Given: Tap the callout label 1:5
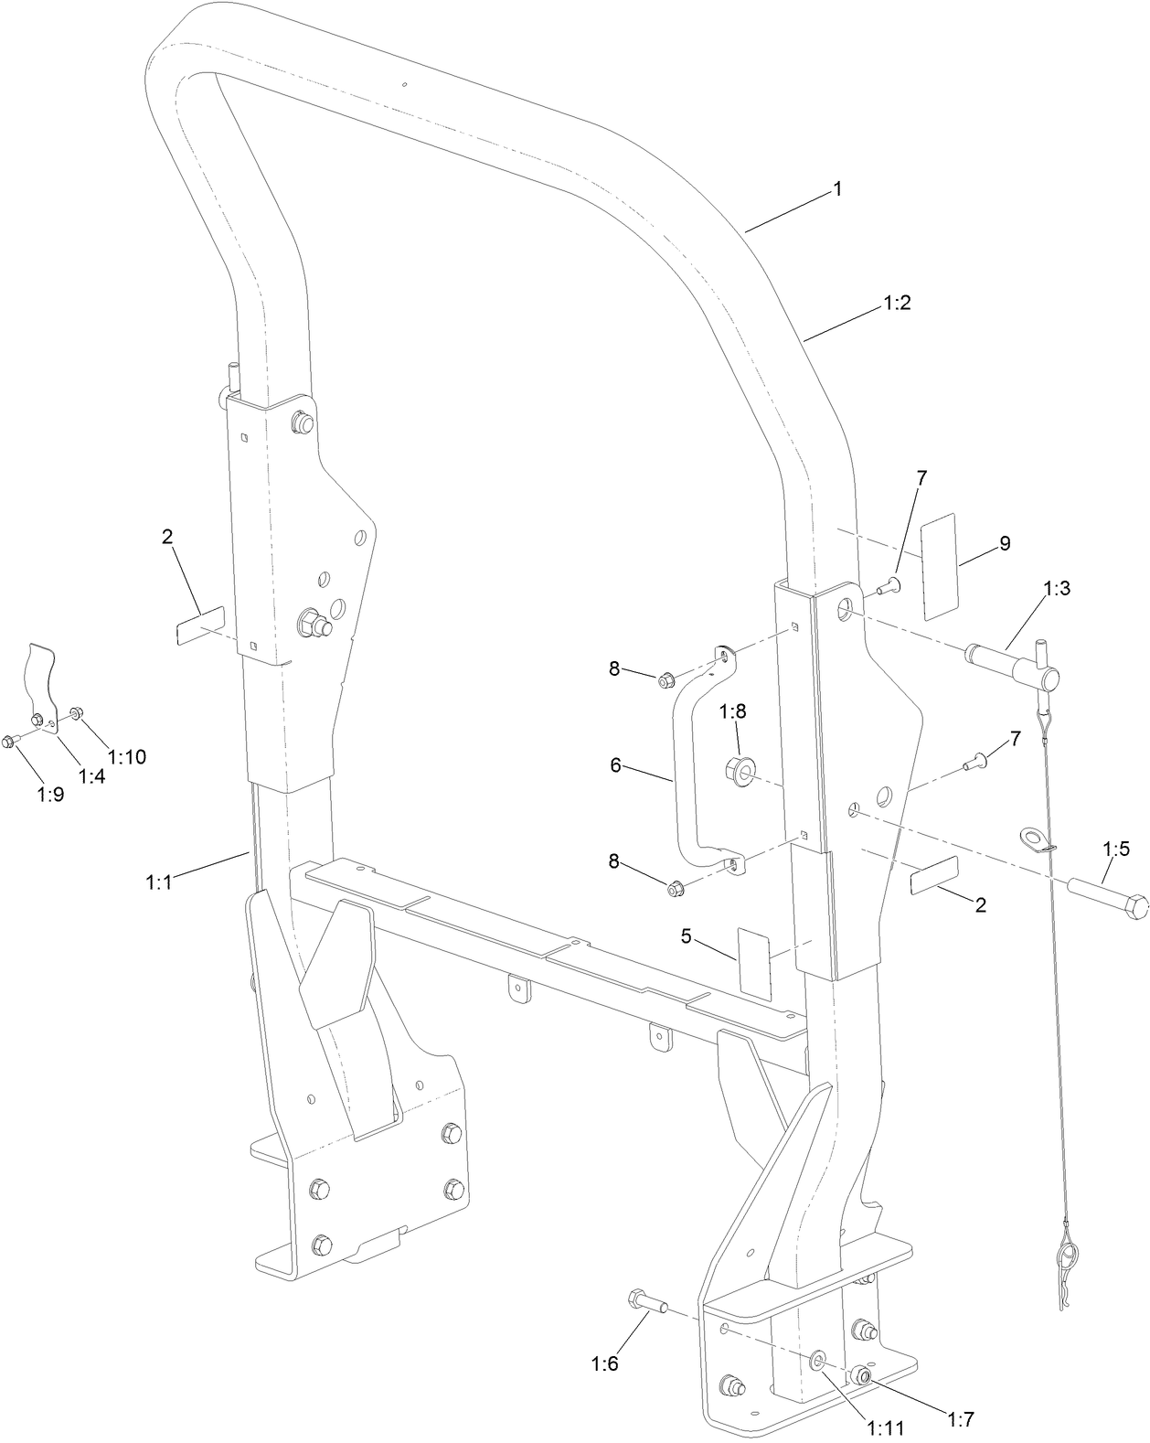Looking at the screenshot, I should [1116, 849].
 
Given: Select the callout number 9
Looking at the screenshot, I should [1005, 543].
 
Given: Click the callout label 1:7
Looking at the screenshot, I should [960, 1419].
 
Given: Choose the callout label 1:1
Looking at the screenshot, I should [159, 882].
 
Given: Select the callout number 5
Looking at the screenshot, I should [687, 935].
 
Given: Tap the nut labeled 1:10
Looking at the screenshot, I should [76, 711].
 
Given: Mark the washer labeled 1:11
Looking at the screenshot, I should [815, 1363].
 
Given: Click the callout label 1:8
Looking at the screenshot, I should [733, 711].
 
